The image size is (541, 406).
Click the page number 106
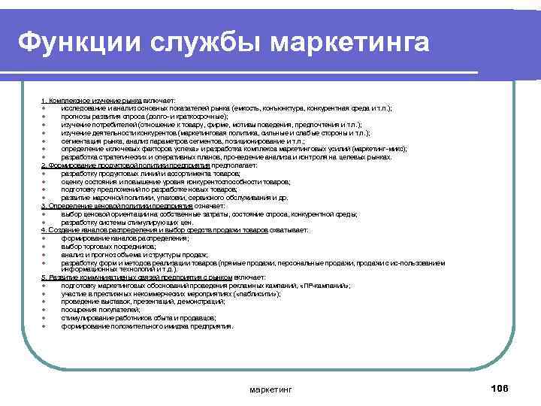499,387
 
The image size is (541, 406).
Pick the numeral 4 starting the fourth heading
44,229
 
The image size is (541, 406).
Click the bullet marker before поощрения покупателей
45,311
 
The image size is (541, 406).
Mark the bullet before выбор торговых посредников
45,246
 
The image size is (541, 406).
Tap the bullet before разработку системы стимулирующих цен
45,222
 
